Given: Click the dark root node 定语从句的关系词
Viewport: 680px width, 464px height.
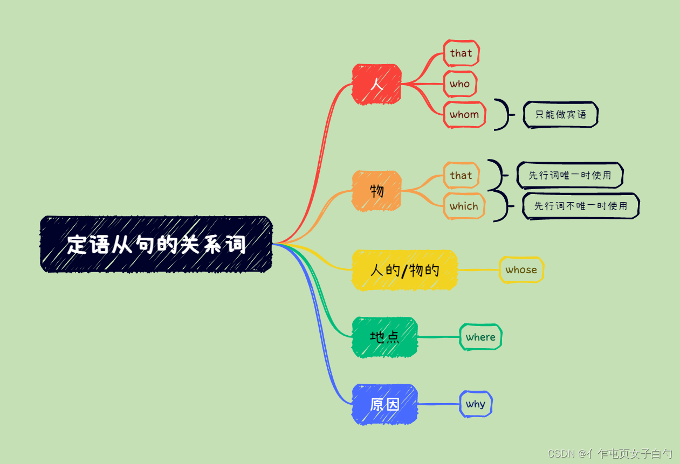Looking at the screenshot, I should (x=156, y=244).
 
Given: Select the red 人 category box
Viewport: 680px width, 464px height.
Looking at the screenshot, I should (x=376, y=84).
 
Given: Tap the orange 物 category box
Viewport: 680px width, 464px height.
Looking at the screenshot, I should (x=376, y=190).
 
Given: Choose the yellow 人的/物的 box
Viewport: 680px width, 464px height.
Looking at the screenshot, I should (x=404, y=269).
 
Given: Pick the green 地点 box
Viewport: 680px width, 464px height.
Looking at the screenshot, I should (x=384, y=337).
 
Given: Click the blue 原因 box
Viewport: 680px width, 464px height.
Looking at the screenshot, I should (x=384, y=404).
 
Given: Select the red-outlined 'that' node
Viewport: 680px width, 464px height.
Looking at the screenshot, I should (x=461, y=53).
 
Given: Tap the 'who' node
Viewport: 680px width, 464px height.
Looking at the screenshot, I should (x=460, y=84).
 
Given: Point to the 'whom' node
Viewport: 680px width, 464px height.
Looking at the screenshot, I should (x=464, y=114).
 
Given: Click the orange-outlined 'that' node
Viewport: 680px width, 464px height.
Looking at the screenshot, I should (x=461, y=175).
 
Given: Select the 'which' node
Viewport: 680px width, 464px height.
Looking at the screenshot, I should (x=464, y=206).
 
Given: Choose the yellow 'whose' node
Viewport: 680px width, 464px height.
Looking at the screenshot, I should (x=521, y=269).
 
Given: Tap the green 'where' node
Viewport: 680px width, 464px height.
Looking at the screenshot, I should (x=480, y=337).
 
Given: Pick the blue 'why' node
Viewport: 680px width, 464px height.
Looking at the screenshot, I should (x=476, y=404).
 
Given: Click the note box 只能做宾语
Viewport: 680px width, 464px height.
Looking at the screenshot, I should (x=561, y=114).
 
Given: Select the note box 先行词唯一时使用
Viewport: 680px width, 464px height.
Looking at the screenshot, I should (x=570, y=175).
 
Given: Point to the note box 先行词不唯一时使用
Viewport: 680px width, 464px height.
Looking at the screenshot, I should (x=581, y=206).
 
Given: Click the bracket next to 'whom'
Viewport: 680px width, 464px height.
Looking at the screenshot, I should (x=503, y=114).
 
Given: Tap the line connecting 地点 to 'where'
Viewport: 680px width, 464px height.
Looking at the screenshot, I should (x=438, y=337).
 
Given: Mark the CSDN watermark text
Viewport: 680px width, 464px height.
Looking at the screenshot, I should (x=610, y=454).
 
